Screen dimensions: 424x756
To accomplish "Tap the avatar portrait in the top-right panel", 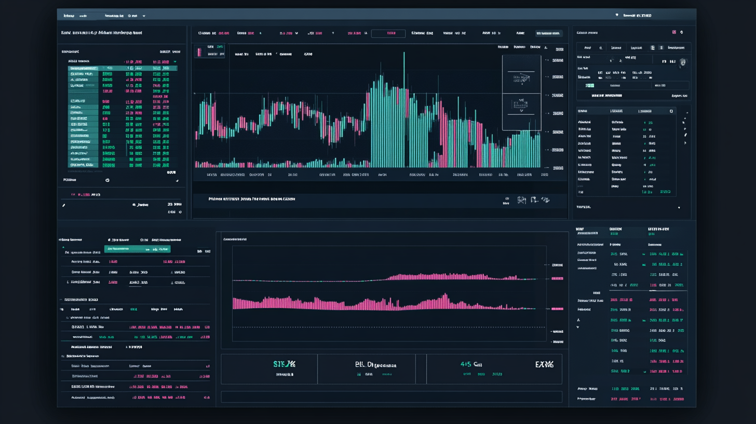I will coord(683,62).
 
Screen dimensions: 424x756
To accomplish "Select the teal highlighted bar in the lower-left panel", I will coord(137,249).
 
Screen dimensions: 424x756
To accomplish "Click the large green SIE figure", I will coord(284,364).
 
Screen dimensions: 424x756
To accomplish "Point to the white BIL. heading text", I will coord(371,364).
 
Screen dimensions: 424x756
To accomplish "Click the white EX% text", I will coord(544,364).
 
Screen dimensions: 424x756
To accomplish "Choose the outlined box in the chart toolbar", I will coord(388,33).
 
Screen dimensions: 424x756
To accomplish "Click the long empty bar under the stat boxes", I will coord(392,396).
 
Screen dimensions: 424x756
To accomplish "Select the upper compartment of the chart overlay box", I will coord(521,74).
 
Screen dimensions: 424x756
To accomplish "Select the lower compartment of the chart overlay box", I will coord(521,112).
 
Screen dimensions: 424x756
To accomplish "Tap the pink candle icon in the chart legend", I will coord(198,51).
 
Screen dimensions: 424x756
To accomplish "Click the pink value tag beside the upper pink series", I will coord(557,279).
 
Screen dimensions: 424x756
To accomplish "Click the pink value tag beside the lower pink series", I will coord(557,309).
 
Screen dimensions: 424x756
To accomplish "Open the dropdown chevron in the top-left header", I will coord(144,16).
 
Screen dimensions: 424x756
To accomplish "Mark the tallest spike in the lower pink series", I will coord(446,297).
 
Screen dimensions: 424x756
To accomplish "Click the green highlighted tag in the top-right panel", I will coord(589,85).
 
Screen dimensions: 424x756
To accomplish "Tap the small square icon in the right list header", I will coord(671,111).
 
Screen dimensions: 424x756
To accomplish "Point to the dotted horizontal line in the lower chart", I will coord(389,327).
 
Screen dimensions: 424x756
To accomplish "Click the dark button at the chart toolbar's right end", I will coord(548,33).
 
